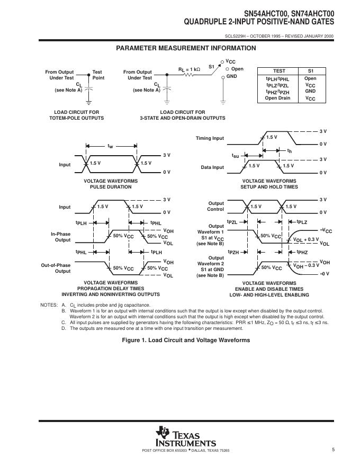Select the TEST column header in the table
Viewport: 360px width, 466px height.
pyautogui.click(x=279, y=70)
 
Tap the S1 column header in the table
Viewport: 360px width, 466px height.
pyautogui.click(x=310, y=70)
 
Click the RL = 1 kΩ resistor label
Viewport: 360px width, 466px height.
pyautogui.click(x=189, y=68)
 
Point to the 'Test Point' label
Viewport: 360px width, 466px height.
pyautogui.click(x=98, y=75)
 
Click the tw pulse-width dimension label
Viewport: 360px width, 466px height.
pyautogui.click(x=110, y=145)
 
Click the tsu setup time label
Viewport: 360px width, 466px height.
pyautogui.click(x=236, y=156)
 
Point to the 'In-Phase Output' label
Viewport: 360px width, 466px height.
pyautogui.click(x=60, y=237)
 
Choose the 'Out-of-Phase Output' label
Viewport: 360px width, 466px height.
pyautogui.click(x=56, y=268)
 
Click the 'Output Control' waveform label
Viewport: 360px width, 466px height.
pyautogui.click(x=216, y=206)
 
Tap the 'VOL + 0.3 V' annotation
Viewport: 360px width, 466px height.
pyautogui.click(x=306, y=240)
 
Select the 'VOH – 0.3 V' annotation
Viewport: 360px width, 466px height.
pyautogui.click(x=307, y=265)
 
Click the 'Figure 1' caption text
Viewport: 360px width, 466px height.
pyautogui.click(x=186, y=339)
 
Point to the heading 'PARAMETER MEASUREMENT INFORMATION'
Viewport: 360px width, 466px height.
pyautogui.click(x=186, y=48)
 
